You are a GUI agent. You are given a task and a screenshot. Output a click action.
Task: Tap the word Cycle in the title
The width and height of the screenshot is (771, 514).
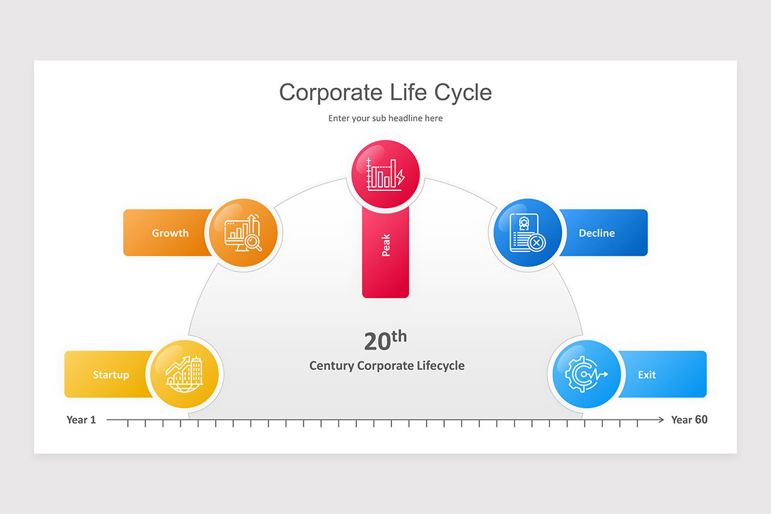[463, 93]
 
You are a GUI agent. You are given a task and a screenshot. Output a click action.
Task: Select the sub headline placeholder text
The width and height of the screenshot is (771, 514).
[385, 118]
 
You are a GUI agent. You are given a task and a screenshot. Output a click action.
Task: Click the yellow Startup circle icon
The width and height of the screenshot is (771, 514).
[184, 374]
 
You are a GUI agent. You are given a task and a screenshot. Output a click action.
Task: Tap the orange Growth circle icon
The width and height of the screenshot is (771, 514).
[244, 233]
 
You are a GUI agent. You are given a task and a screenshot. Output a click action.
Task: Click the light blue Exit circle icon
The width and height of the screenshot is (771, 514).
[587, 374]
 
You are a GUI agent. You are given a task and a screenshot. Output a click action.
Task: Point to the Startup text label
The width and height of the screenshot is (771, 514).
[111, 375]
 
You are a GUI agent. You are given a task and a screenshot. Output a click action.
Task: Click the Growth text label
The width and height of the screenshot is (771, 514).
[170, 233]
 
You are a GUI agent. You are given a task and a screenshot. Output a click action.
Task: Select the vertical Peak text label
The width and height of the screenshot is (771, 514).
[385, 245]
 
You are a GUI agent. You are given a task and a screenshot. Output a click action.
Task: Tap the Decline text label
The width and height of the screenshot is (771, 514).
[597, 233]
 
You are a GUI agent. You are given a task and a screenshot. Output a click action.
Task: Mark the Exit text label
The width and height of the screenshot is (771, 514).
[647, 375]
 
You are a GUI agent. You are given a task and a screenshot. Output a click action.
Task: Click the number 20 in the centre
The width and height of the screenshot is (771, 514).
[377, 342]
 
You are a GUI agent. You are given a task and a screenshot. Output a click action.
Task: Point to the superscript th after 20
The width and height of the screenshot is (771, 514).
[399, 335]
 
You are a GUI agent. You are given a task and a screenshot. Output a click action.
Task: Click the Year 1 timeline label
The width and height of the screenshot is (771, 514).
[81, 420]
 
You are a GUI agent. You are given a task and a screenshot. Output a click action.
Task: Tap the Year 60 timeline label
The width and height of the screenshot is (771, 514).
[689, 420]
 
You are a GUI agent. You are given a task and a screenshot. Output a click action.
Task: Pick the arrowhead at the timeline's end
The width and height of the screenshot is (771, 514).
[661, 420]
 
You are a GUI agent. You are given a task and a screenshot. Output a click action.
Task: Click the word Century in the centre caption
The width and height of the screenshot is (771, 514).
[332, 366]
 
